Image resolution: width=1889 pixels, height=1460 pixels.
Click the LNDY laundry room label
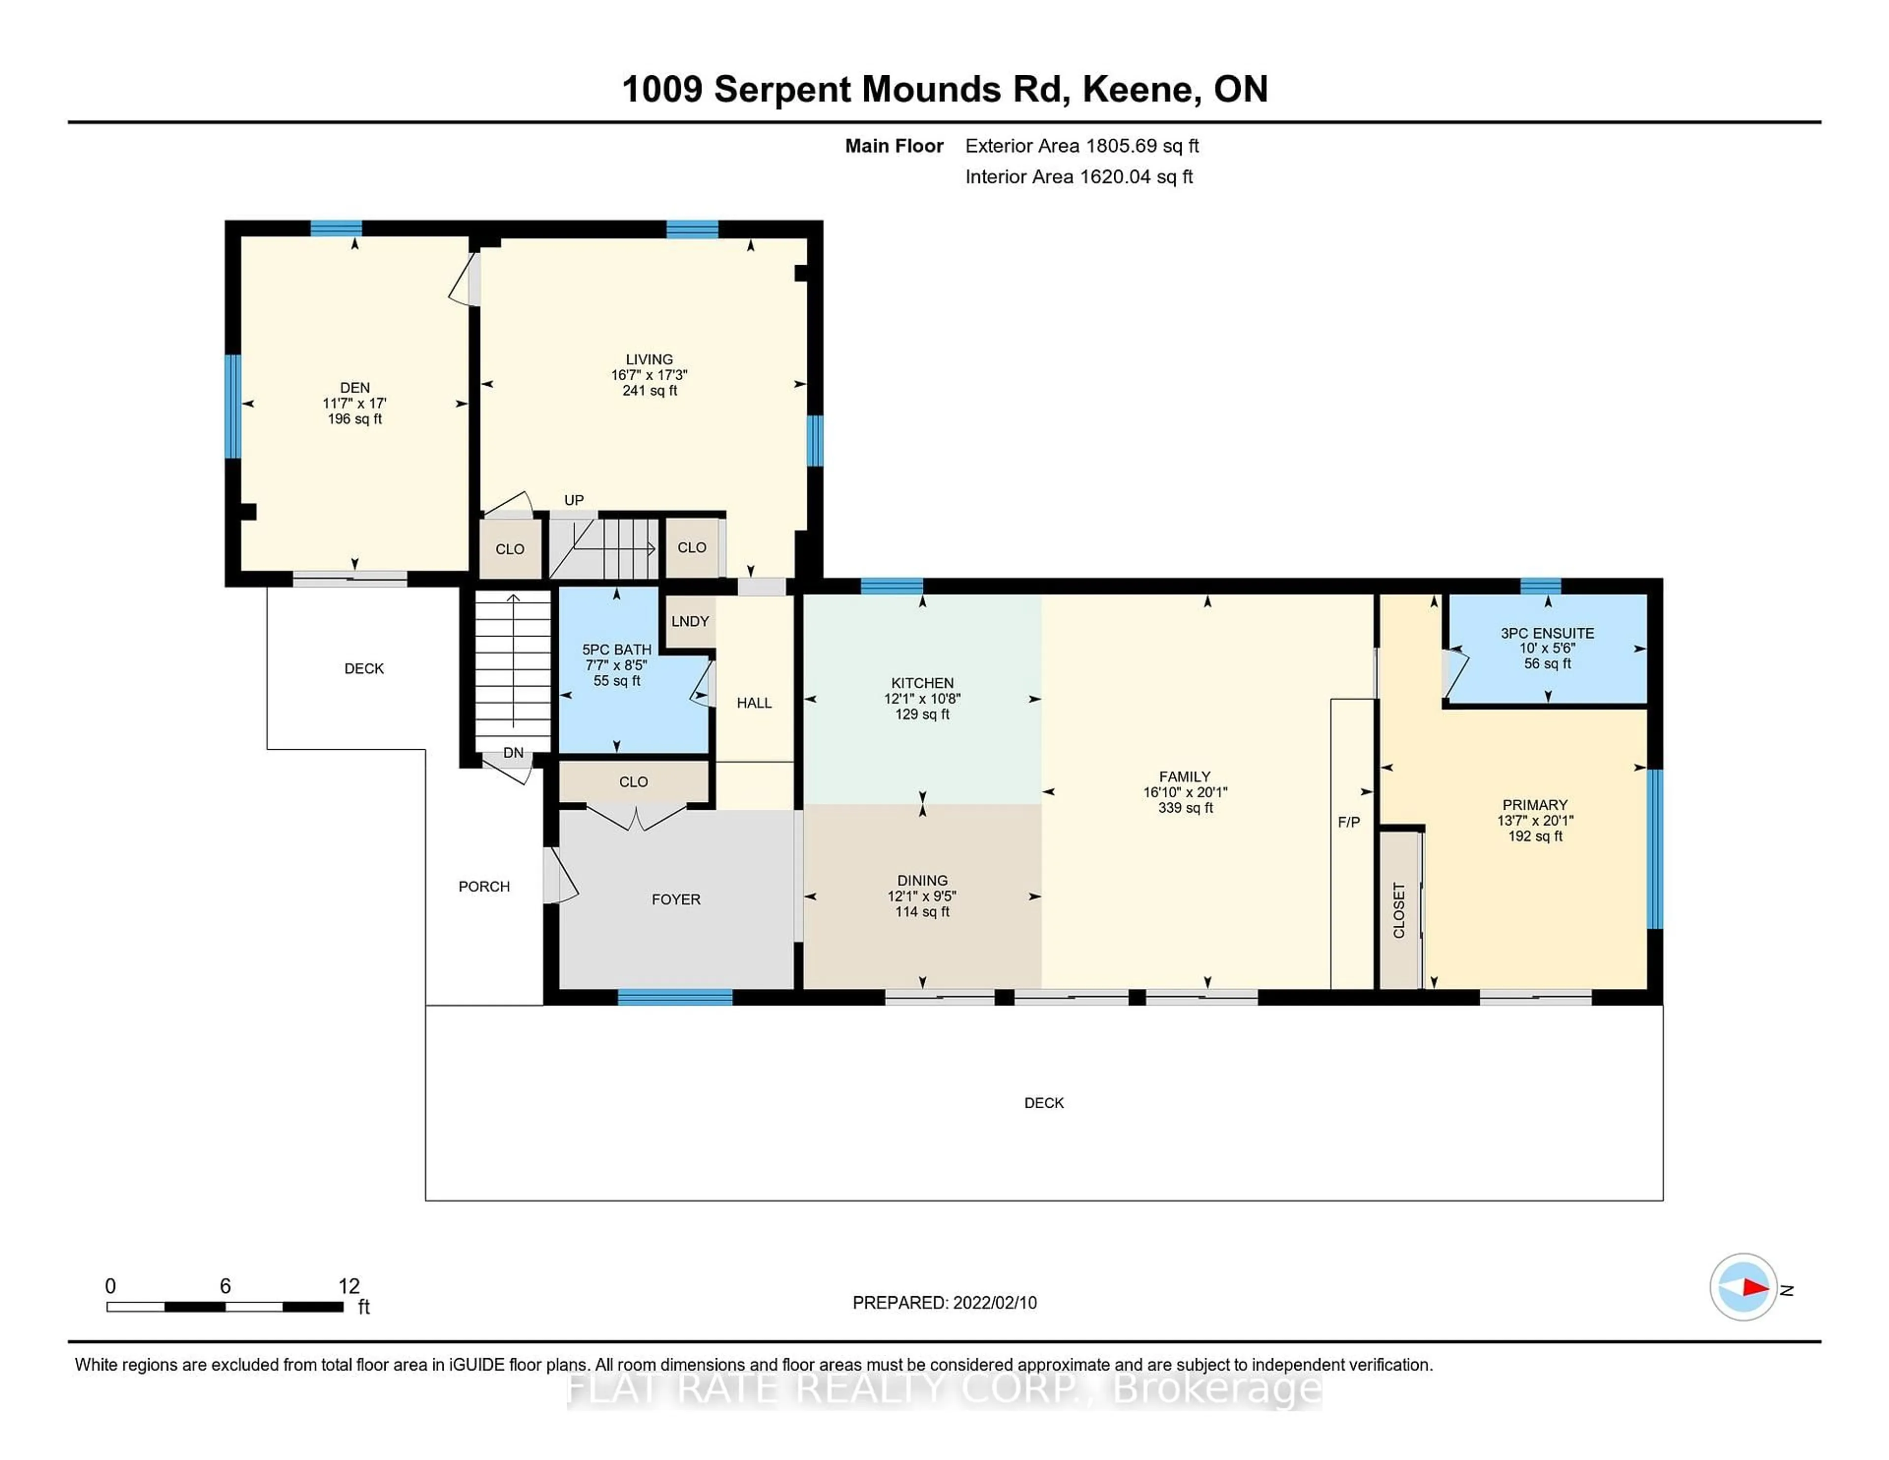[x=689, y=621]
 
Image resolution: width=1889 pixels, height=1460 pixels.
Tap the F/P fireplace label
[x=1348, y=821]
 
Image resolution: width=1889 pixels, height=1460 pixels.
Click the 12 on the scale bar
[x=349, y=1285]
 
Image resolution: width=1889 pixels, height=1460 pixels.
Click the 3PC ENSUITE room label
[x=1547, y=633]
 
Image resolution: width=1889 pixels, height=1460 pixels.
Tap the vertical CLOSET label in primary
[x=1399, y=910]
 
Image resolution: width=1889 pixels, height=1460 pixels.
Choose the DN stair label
[x=513, y=753]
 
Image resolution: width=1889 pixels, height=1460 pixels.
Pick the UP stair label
[x=574, y=500]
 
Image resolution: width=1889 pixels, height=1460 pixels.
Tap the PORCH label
[x=484, y=886]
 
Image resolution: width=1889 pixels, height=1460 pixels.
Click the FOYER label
[x=675, y=900]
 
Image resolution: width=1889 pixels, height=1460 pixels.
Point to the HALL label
[x=753, y=703]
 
